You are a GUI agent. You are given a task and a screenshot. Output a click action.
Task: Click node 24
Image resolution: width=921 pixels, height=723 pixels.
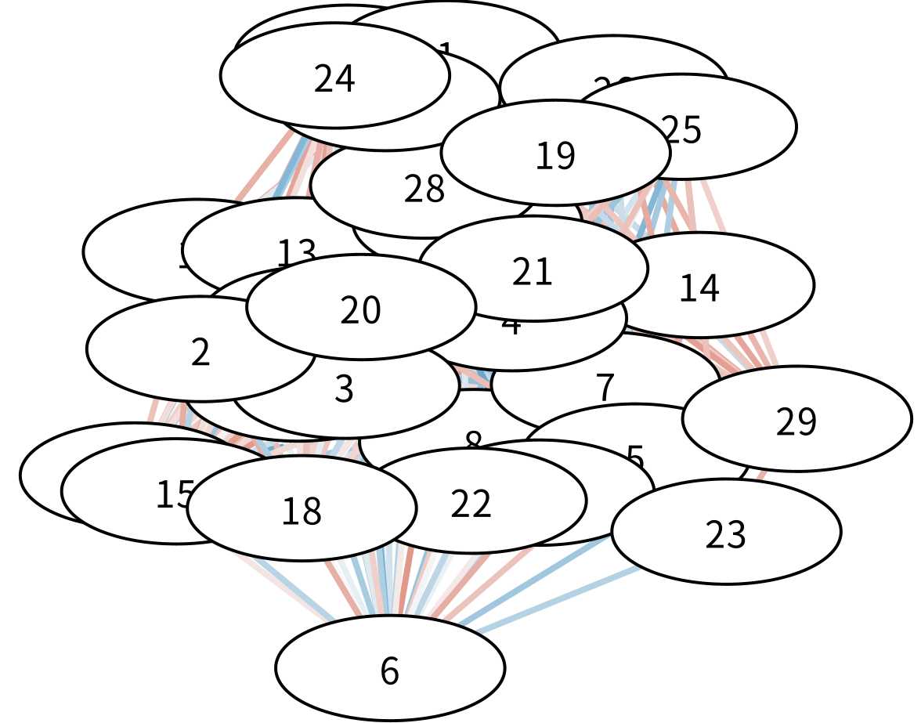(334, 76)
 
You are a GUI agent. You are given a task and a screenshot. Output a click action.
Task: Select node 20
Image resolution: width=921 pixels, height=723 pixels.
(360, 307)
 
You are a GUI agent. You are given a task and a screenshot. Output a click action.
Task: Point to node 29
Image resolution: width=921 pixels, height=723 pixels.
(796, 419)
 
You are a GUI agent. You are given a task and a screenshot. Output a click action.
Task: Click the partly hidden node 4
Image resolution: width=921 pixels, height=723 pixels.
(548, 345)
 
